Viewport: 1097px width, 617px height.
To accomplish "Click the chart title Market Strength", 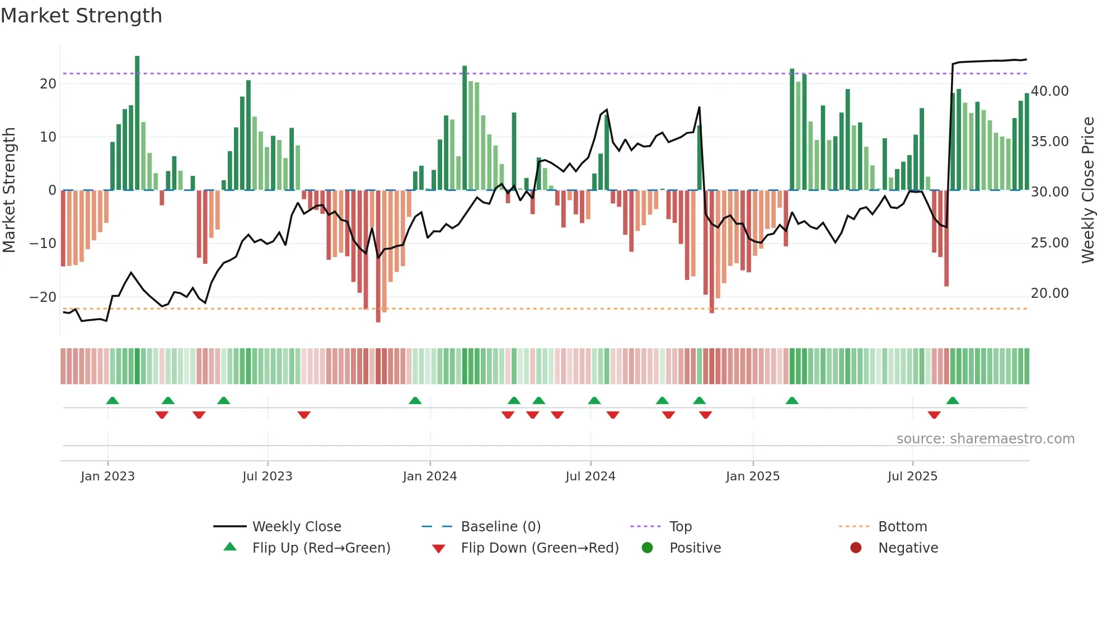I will [81, 16].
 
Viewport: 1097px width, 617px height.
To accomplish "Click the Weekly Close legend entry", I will [296, 527].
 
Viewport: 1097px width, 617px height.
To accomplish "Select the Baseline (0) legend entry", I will [500, 527].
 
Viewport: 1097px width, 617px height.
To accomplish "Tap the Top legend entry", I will [680, 527].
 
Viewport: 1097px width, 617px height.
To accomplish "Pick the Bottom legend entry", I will [902, 527].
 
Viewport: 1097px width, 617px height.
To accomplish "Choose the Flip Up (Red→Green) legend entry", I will [321, 548].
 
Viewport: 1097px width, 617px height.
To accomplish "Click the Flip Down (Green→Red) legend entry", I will [540, 548].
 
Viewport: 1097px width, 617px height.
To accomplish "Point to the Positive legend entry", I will [695, 548].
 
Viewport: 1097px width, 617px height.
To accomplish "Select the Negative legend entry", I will [907, 548].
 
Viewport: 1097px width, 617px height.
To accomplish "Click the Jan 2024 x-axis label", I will [430, 476].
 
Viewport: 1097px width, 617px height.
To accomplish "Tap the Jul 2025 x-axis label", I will [912, 476].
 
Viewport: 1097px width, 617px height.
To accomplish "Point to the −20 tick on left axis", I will [43, 297].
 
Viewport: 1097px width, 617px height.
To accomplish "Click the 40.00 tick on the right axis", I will [1049, 91].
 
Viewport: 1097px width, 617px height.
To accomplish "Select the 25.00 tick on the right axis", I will [1049, 243].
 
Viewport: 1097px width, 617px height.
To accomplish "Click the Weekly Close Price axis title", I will [1087, 190].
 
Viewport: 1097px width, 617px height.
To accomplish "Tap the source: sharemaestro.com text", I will [985, 439].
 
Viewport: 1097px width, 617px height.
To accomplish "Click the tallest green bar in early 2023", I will [137, 123].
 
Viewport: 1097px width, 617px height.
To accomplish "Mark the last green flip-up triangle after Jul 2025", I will [953, 400].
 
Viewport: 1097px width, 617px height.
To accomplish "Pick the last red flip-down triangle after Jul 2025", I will [934, 415].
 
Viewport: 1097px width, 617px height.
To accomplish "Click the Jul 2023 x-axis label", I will [268, 476].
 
